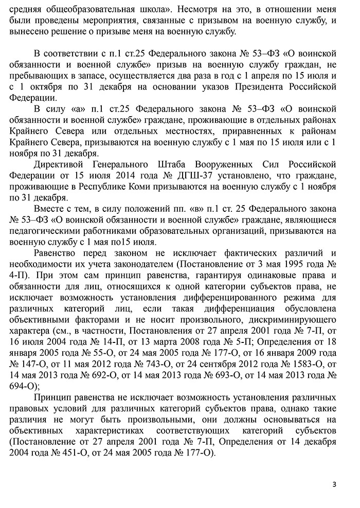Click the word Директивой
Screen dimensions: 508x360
point(58,164)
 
